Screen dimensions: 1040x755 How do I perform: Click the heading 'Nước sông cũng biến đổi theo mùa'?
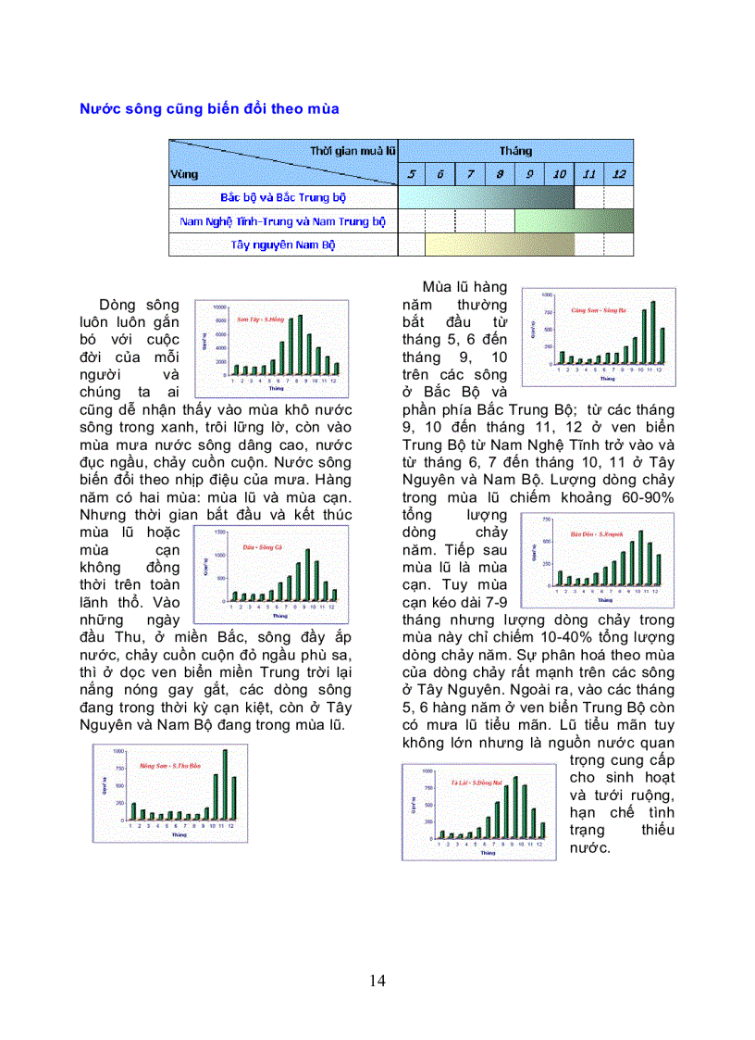pyautogui.click(x=209, y=109)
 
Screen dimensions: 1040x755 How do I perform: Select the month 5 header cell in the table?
pyautogui.click(x=412, y=174)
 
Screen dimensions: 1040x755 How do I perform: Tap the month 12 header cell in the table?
pyautogui.click(x=619, y=174)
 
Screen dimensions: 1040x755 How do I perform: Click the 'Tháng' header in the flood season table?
pyautogui.click(x=515, y=151)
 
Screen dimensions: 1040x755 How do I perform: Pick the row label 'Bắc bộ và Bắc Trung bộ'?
pyautogui.click(x=283, y=197)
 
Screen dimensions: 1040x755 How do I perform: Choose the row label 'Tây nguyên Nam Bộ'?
pyautogui.click(x=283, y=245)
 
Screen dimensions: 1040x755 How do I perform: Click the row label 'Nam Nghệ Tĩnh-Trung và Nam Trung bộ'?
pyautogui.click(x=283, y=221)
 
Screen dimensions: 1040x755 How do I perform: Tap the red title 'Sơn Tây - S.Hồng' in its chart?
pyautogui.click(x=258, y=318)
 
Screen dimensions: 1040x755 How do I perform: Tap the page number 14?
pyautogui.click(x=377, y=981)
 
